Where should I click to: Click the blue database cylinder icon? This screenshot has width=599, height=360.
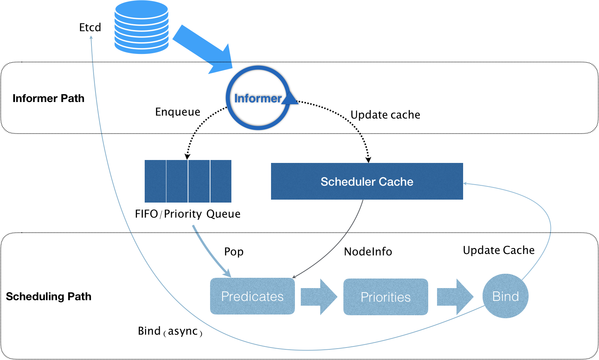pyautogui.click(x=141, y=28)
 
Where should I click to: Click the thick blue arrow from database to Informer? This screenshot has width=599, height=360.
pyautogui.click(x=200, y=47)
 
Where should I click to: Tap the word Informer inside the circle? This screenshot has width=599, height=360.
pyautogui.click(x=257, y=98)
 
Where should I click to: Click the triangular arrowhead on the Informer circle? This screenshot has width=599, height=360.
pyautogui.click(x=290, y=98)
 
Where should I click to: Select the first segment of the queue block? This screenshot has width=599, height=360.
pyautogui.click(x=155, y=181)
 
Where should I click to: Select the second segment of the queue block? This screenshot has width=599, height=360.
pyautogui.click(x=177, y=181)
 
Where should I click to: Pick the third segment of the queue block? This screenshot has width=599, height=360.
pyautogui.click(x=199, y=181)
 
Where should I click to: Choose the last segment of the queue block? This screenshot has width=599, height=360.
pyautogui.click(x=221, y=181)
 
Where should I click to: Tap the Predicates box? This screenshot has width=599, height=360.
pyautogui.click(x=252, y=296)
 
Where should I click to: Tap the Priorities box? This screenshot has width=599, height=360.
pyautogui.click(x=386, y=297)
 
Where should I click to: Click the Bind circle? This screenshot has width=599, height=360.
pyautogui.click(x=506, y=296)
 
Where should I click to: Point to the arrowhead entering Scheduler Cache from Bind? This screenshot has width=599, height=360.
pyautogui.click(x=465, y=183)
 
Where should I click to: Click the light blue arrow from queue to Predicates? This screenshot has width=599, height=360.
pyautogui.click(x=209, y=253)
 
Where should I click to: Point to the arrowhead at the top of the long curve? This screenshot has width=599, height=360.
pyautogui.click(x=91, y=37)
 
